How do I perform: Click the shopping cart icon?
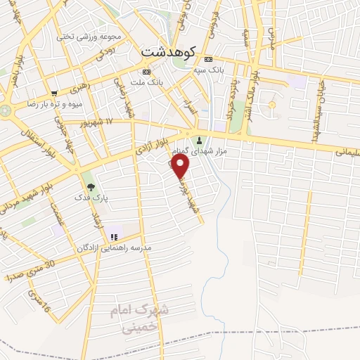point(54,93)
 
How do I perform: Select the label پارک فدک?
point(91,198)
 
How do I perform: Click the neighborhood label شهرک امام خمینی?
point(137,318)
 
